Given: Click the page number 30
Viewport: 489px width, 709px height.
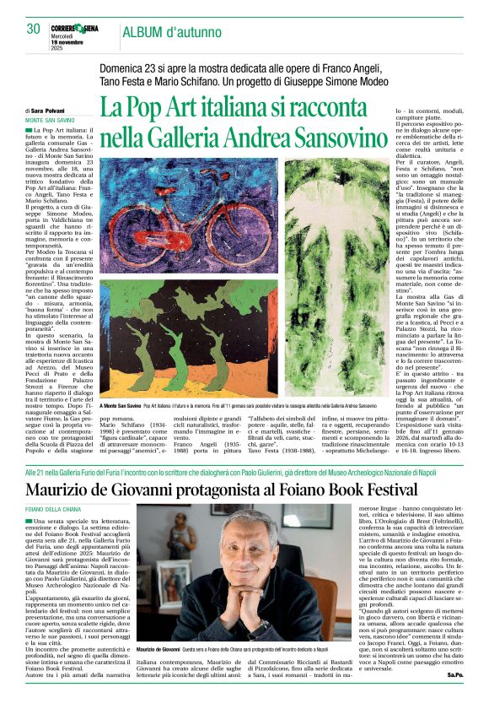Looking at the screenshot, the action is tap(33, 29).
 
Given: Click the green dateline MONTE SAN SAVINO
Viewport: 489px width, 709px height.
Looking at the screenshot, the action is tap(52, 120).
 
